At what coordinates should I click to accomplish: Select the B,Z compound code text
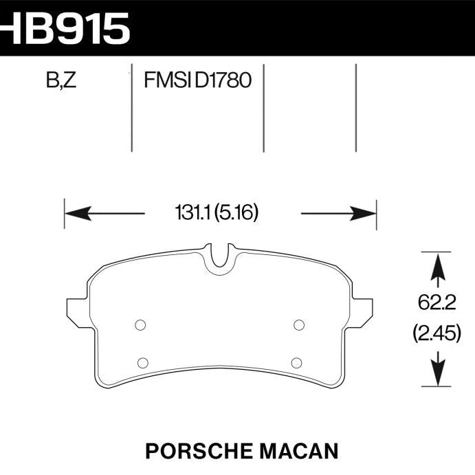(x=61, y=82)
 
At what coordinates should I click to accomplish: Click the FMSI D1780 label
(x=197, y=82)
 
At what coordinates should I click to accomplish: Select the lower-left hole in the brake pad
(x=143, y=362)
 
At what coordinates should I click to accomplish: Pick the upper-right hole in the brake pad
(x=298, y=325)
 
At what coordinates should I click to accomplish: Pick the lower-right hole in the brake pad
(x=296, y=362)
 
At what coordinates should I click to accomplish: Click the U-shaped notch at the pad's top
(x=220, y=258)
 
